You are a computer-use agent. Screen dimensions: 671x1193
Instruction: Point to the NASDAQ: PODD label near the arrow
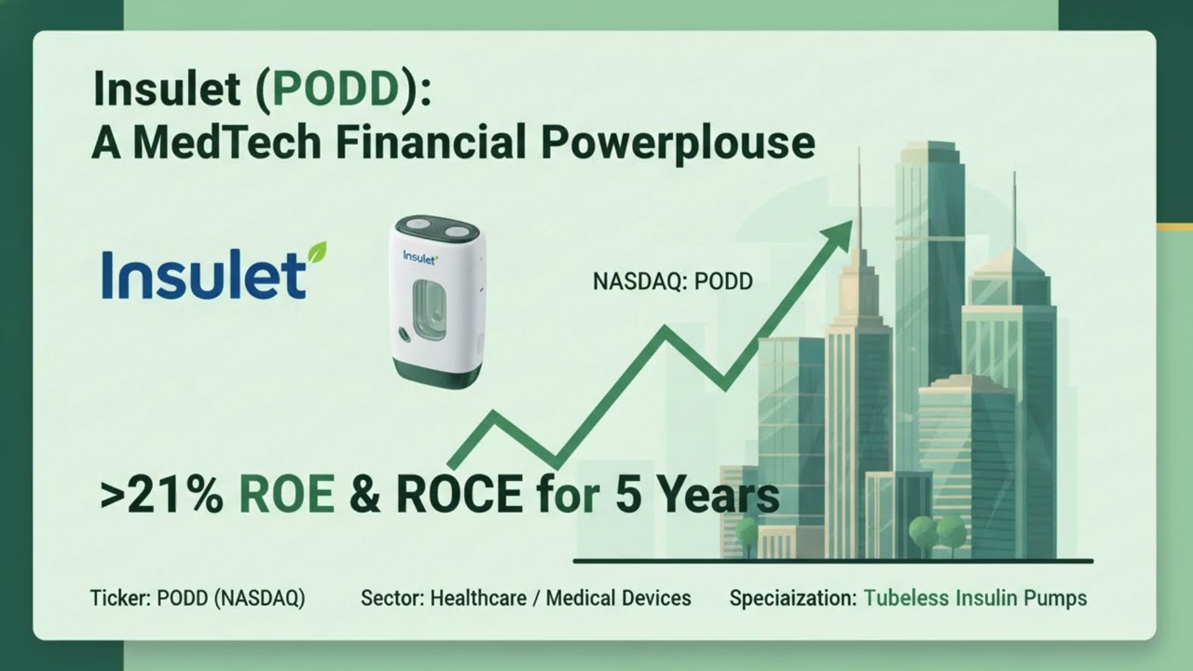click(672, 281)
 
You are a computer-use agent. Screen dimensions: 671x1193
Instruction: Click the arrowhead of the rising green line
click(842, 228)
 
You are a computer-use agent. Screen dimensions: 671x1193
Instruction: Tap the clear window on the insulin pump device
click(431, 313)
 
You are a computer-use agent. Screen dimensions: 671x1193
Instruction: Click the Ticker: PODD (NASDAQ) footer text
click(198, 598)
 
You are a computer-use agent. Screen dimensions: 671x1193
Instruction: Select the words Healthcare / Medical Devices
click(560, 598)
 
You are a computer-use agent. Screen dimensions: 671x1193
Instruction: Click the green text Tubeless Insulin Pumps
click(975, 598)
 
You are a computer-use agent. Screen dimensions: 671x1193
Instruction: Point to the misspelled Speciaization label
click(792, 598)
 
